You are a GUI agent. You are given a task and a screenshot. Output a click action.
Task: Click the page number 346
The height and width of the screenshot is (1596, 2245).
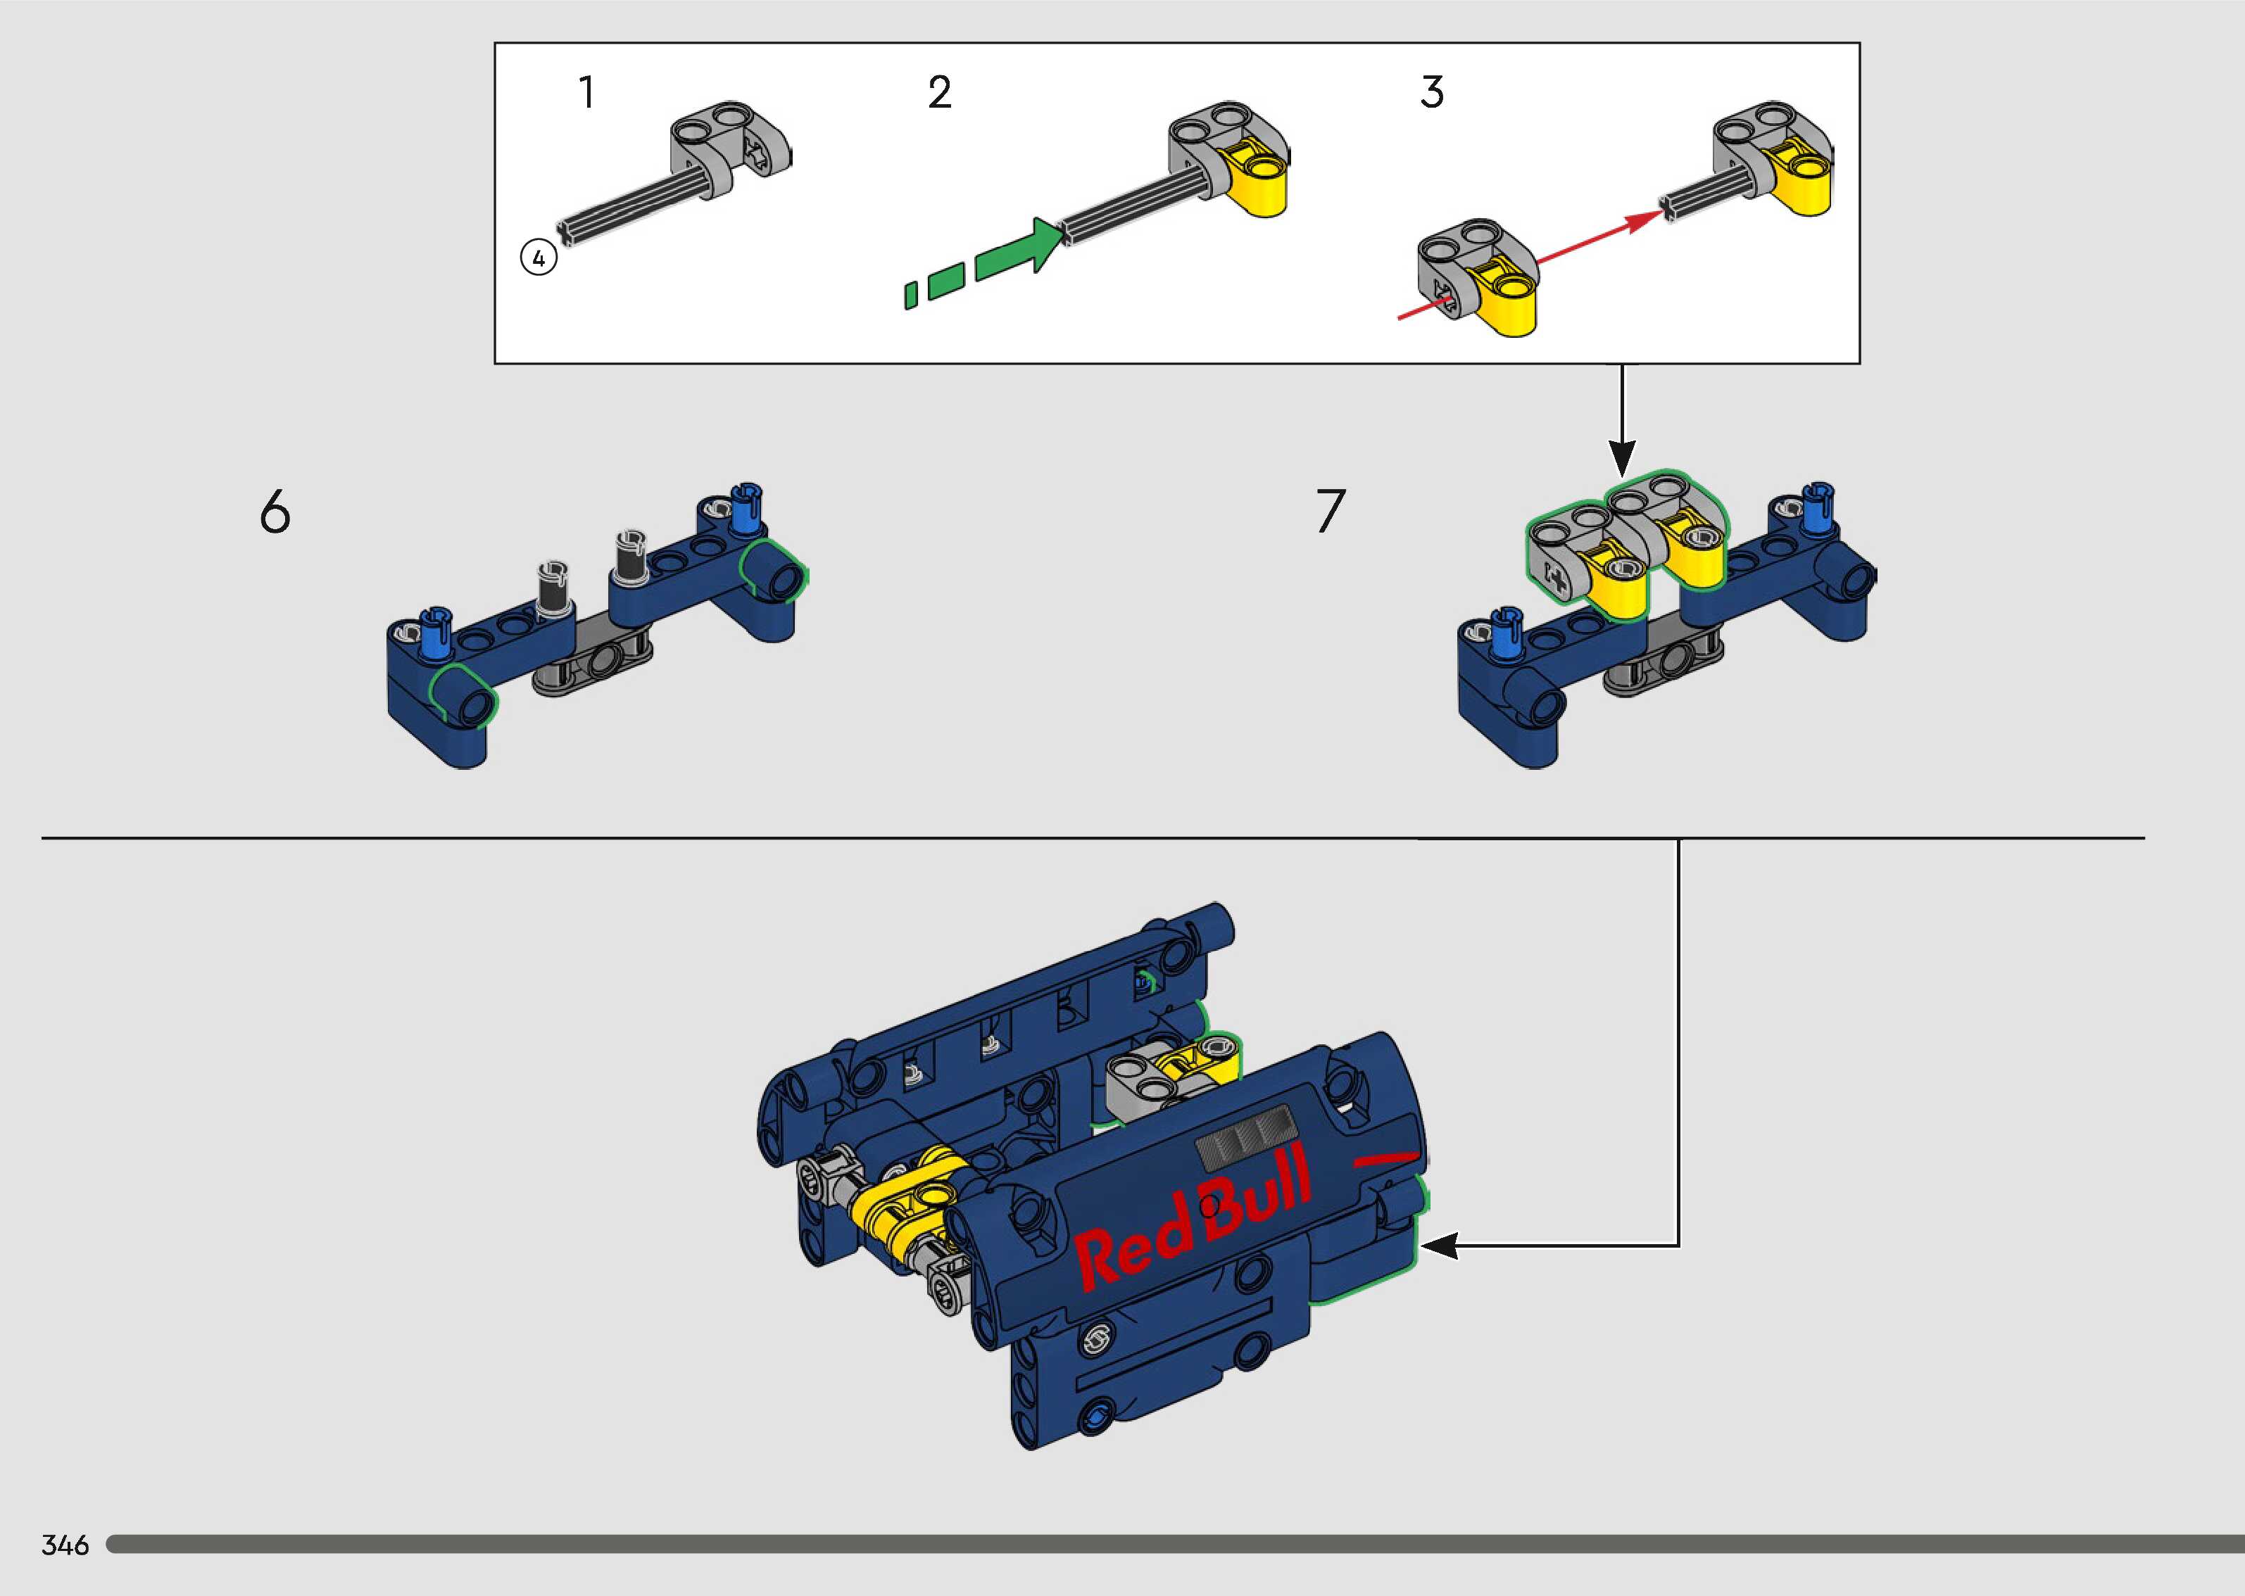(x=65, y=1545)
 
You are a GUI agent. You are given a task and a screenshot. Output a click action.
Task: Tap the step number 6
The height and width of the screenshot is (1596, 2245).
(x=275, y=512)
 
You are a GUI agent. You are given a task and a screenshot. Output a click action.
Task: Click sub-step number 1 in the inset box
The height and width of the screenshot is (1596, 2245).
(x=587, y=92)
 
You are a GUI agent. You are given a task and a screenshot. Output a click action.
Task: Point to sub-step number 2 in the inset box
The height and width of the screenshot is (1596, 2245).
(x=940, y=92)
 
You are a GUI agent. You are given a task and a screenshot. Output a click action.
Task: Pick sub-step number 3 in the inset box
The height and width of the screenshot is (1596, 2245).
(x=1432, y=92)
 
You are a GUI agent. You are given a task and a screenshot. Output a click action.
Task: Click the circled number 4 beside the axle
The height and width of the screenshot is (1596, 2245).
(x=539, y=258)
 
